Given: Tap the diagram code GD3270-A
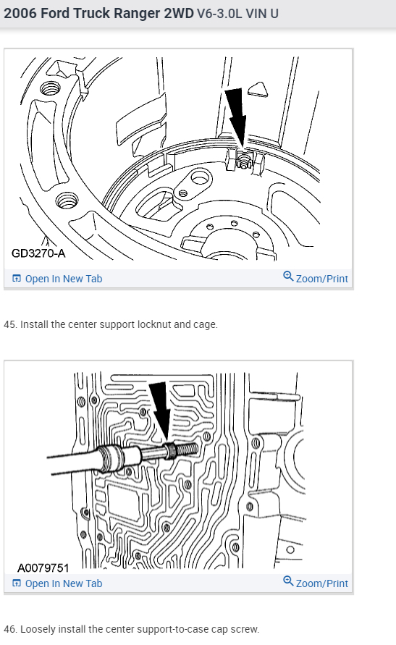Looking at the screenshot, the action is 38,253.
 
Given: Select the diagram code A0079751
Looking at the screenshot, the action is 43,568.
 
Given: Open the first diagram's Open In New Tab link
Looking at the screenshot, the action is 57,279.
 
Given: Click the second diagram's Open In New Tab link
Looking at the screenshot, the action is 57,583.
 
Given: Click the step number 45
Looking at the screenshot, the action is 10,324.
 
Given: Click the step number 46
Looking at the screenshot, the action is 10,629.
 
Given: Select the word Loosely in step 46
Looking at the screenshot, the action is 38,629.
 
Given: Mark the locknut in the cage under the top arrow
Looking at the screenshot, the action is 244,161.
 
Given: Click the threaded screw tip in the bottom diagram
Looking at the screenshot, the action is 188,450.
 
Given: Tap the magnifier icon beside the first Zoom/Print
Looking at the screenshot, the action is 288,277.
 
